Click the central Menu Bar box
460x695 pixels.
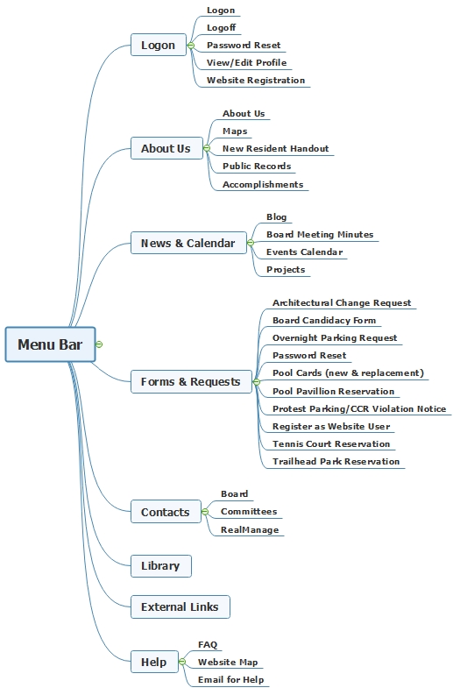(50, 344)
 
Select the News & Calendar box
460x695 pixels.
(188, 243)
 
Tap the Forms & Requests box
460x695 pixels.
(191, 381)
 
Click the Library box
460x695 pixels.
(161, 566)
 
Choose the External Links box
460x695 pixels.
(180, 606)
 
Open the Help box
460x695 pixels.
(154, 662)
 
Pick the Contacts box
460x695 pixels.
(166, 512)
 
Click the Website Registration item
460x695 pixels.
(256, 81)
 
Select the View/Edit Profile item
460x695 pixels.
(246, 62)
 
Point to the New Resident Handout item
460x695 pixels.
(276, 148)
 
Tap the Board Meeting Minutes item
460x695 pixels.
(320, 235)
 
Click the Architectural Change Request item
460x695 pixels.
(342, 302)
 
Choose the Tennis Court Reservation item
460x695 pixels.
(331, 443)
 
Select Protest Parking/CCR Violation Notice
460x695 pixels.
(359, 408)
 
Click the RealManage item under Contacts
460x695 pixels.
(250, 529)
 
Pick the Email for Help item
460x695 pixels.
(230, 679)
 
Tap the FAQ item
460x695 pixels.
(208, 644)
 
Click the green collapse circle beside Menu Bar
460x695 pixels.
(99, 344)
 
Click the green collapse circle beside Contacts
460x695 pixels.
(205, 512)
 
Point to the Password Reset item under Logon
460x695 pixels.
(244, 46)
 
